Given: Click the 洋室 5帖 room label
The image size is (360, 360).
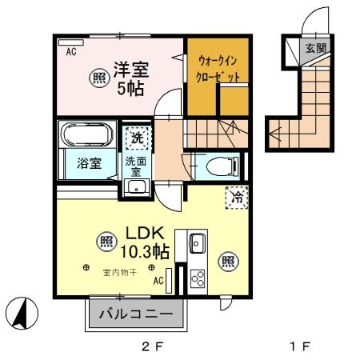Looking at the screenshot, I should tap(128, 78).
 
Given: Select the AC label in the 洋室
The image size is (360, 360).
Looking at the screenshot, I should tap(70, 51).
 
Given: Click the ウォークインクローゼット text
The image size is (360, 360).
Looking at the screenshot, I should tap(218, 69).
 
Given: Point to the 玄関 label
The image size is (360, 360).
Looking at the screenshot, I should tap(315, 48).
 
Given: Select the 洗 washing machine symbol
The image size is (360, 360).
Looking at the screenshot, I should tap(138, 138).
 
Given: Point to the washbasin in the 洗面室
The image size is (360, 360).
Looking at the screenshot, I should tap(137, 187).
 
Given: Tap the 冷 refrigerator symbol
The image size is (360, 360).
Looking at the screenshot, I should tap(236, 197).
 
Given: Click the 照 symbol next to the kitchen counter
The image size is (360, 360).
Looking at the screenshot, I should tap(227, 260).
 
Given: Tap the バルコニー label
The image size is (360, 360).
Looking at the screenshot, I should tap(135, 314).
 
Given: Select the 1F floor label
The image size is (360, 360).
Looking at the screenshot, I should tap(300, 346).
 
